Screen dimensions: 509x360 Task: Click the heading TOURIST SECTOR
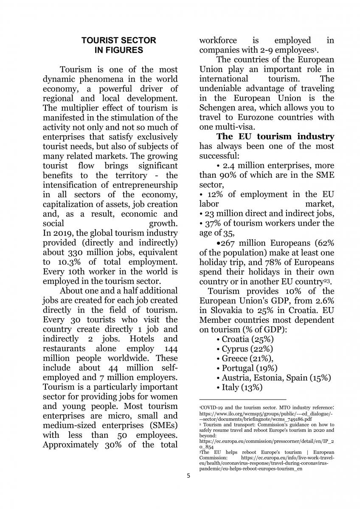pyautogui.click(x=118, y=41)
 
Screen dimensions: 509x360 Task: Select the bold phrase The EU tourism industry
pyautogui.click(x=275, y=137)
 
